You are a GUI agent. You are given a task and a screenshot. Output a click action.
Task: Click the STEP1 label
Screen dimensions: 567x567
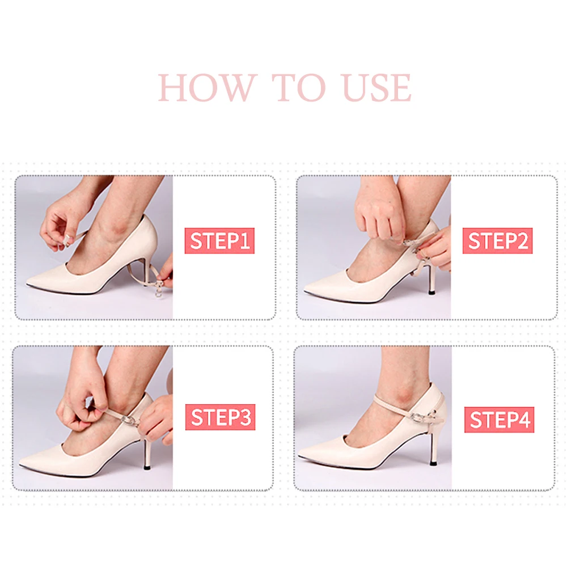(x=219, y=240)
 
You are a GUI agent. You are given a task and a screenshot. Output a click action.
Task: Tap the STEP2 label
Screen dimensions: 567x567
(x=498, y=240)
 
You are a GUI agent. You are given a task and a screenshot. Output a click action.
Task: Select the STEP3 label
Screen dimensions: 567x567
(x=220, y=417)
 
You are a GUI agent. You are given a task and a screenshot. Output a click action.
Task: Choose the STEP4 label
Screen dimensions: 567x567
(x=500, y=420)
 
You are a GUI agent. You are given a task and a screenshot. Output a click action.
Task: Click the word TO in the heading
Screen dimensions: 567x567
(x=298, y=87)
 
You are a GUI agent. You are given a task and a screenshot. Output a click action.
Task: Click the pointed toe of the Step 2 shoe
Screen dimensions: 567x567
(x=305, y=289)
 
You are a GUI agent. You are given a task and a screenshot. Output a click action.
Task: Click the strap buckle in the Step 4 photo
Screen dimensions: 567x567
(x=416, y=417)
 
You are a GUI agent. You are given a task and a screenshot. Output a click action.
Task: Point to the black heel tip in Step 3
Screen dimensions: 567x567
(x=148, y=467)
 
